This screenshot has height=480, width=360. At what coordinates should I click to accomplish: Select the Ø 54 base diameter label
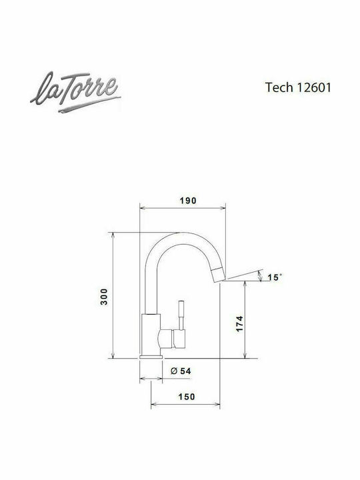pos(181,371)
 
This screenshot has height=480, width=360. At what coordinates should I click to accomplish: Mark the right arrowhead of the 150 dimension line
pos(218,404)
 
